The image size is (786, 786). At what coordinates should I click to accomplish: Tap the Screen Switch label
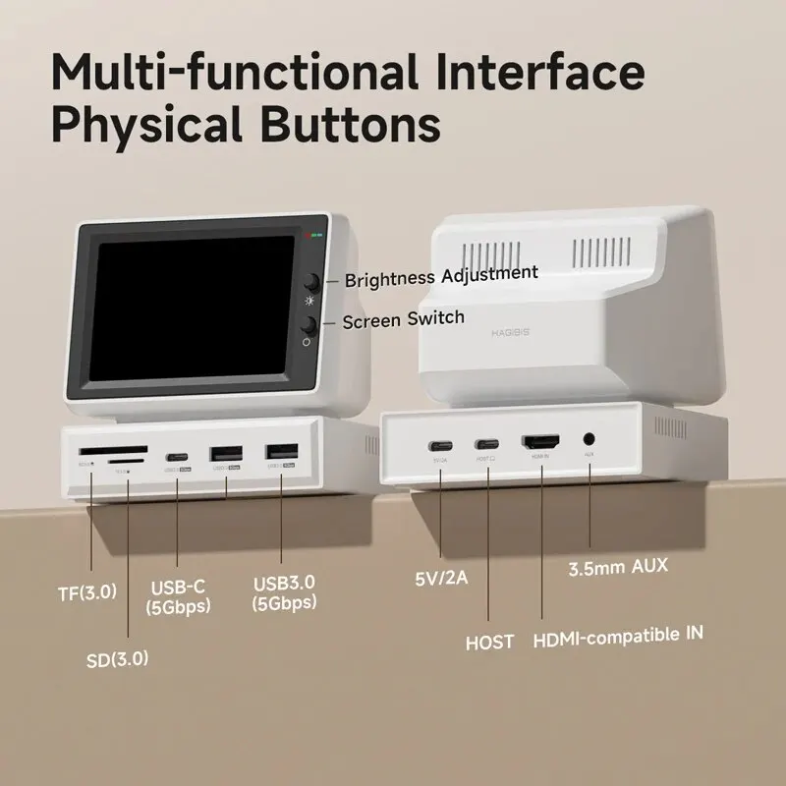pyautogui.click(x=404, y=319)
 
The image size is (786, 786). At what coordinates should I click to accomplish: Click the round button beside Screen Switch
pyautogui.click(x=309, y=325)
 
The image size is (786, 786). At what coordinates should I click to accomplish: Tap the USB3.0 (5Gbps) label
pyautogui.click(x=283, y=593)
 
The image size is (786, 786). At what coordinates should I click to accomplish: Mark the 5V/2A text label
pyautogui.click(x=441, y=578)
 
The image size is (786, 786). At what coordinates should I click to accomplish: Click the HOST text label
pyautogui.click(x=489, y=643)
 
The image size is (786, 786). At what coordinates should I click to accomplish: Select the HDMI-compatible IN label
pyautogui.click(x=618, y=636)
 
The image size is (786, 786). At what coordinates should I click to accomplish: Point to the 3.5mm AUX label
pyautogui.click(x=619, y=568)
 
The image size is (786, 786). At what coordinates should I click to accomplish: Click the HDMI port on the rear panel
pyautogui.click(x=539, y=443)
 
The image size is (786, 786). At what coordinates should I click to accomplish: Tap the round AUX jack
pyautogui.click(x=589, y=441)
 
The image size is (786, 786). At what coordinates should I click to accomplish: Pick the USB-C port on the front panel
pyautogui.click(x=178, y=458)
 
